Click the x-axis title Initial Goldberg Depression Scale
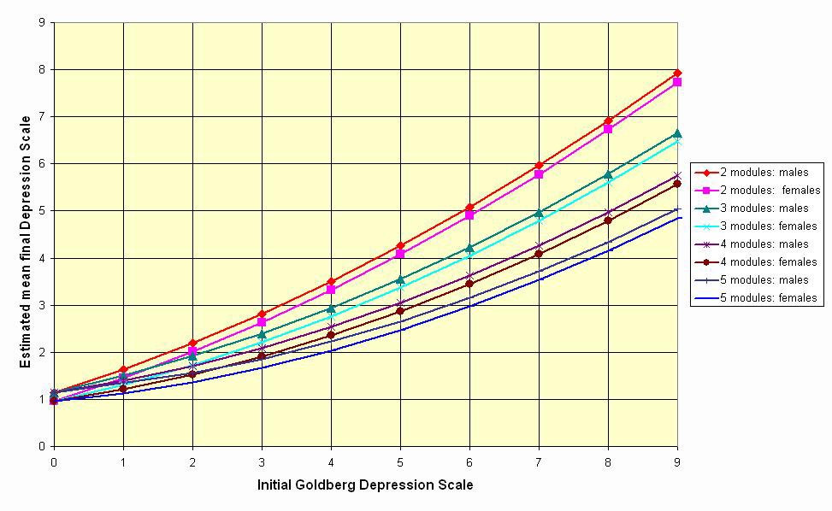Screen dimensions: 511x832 365,485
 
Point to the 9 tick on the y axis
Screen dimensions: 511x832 41,22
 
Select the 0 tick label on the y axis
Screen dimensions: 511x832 41,446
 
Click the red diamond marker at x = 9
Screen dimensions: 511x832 677,73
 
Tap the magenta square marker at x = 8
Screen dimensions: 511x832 608,129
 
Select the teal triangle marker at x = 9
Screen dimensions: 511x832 677,134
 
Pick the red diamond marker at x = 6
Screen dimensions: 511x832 469,208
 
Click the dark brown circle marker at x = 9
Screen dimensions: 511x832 677,184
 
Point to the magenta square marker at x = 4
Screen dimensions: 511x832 331,290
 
